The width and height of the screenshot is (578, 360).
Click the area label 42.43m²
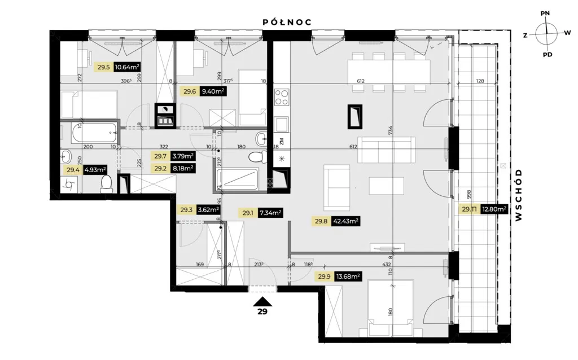346,221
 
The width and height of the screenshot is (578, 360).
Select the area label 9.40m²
212,90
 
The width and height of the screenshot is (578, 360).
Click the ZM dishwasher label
281,141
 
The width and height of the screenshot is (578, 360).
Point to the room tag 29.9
323,276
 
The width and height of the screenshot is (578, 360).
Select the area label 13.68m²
348,276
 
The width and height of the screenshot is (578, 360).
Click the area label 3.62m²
207,210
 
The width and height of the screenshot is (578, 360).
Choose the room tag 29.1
248,213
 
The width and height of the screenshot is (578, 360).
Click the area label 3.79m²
182,156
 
